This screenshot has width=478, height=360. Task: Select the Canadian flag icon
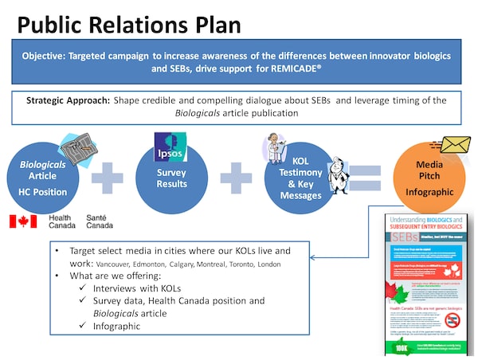[x=23, y=221]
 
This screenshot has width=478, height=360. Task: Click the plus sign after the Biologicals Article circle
[x=108, y=177]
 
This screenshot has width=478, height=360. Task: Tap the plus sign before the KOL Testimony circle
[x=237, y=177]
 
